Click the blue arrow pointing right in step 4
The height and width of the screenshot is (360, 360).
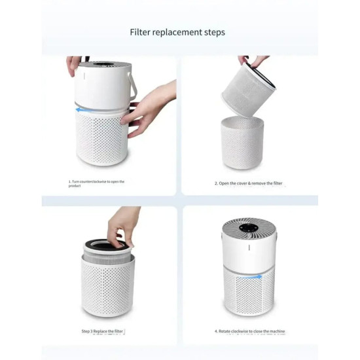tap(249, 277)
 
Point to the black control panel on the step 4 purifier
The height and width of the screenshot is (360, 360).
tap(249, 230)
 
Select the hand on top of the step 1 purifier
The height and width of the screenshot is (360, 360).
tap(73, 63)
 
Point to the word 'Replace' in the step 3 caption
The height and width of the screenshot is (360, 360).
tap(105, 332)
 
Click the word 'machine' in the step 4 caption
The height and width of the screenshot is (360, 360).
tap(277, 332)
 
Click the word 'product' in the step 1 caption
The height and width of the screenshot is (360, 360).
tap(76, 186)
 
